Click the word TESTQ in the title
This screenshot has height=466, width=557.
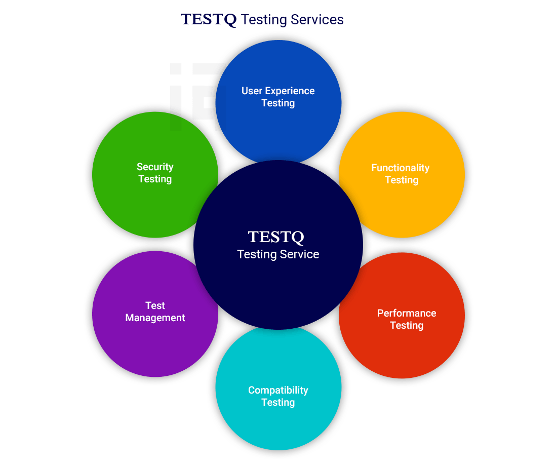coord(209,20)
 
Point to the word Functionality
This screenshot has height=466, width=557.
coord(400,168)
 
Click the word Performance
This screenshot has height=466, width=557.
coord(407,313)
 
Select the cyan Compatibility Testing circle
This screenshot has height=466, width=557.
coord(278,425)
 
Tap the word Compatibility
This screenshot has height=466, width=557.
coord(278,390)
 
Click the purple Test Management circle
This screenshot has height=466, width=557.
coord(155,344)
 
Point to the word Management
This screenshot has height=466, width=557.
coord(155,318)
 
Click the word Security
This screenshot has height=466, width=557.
coord(155,167)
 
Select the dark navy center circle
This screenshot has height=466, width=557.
coord(278,289)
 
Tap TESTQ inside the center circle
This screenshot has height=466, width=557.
coord(276,237)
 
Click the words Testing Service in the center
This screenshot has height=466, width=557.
coord(278,254)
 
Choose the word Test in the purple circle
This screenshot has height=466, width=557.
coord(155,305)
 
